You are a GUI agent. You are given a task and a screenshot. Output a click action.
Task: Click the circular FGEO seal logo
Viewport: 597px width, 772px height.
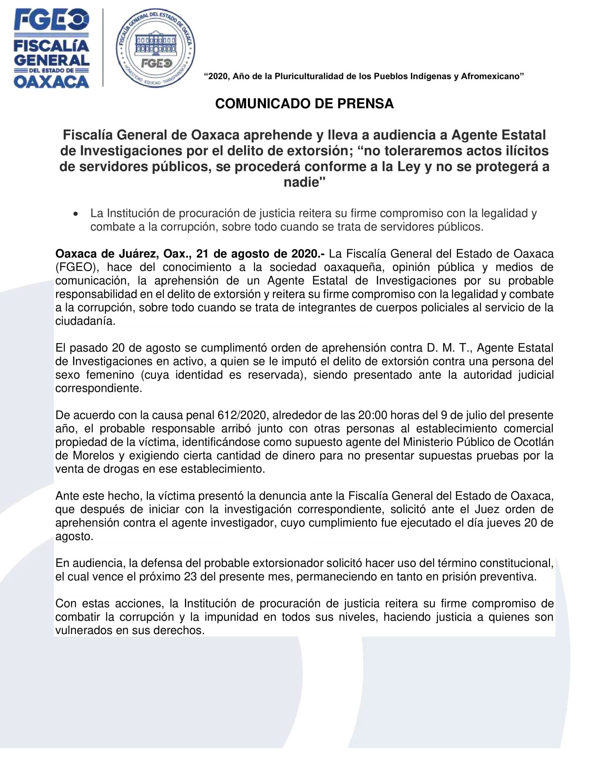tap(156, 48)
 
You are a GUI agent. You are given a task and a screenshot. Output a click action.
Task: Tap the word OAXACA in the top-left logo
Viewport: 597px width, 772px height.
tap(52, 82)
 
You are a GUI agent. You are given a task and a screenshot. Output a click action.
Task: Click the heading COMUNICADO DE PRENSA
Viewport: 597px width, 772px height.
tap(304, 104)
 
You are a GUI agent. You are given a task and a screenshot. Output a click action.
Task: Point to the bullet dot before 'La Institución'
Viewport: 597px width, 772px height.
tap(75, 214)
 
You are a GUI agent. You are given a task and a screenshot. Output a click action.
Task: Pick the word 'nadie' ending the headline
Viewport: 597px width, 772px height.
tap(302, 182)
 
